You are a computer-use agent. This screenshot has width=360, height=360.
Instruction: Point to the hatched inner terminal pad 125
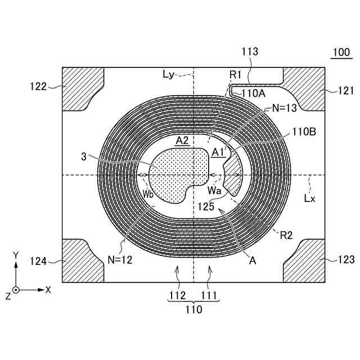click(233, 174)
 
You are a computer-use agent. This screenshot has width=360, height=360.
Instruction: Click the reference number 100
click(340, 53)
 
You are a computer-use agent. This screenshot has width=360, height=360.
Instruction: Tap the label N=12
click(120, 260)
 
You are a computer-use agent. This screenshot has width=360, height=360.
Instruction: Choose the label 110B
click(304, 132)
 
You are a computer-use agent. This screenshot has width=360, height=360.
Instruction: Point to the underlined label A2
click(182, 141)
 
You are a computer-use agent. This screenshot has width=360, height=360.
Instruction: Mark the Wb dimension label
click(147, 193)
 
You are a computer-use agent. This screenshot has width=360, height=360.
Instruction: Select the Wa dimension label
click(214, 191)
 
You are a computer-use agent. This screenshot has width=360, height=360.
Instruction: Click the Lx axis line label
click(310, 197)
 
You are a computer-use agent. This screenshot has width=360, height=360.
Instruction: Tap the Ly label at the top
click(168, 74)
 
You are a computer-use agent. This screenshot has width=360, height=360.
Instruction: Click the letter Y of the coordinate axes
click(16, 255)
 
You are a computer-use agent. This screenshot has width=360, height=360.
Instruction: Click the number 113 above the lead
click(250, 52)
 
